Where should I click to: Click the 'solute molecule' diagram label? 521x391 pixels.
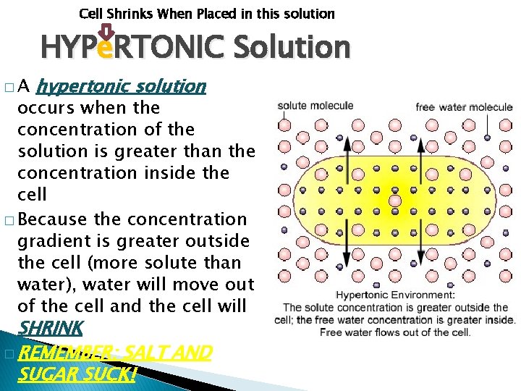(315, 106)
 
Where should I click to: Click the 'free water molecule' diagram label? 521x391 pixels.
(464, 107)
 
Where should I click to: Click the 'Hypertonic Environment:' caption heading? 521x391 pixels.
(395, 295)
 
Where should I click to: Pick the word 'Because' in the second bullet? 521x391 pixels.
(55, 219)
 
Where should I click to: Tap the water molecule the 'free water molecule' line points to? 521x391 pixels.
(487, 137)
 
